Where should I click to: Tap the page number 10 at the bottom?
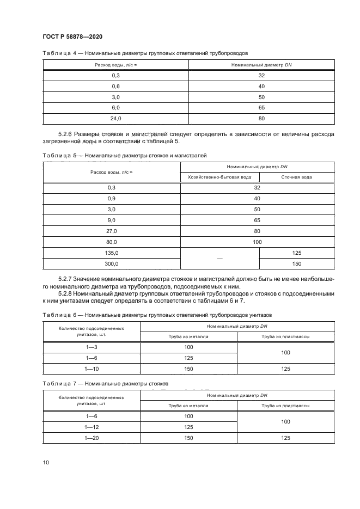pos(46,462)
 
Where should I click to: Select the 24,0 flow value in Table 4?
pos(116,118)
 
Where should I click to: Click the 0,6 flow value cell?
pos(116,86)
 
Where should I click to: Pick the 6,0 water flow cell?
pos(116,108)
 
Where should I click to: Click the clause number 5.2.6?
pos(68,134)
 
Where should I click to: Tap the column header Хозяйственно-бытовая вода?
pos(219,177)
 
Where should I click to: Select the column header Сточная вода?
pos(296,177)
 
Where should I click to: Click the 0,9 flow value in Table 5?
pos(112,198)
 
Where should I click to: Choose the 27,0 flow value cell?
pos(112,231)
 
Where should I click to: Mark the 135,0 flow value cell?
pos(112,253)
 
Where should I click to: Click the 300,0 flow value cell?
pos(112,263)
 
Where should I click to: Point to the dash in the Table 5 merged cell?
pos(219,259)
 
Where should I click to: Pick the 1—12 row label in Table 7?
pos(91,427)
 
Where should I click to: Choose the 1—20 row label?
pos(91,438)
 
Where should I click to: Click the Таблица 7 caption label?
pos(57,383)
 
